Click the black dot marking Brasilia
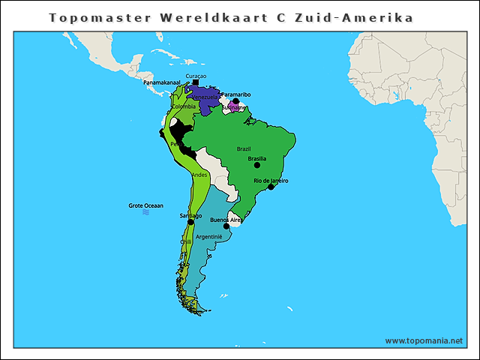click(x=257, y=165)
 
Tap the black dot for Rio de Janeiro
click(x=271, y=187)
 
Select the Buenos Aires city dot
click(x=226, y=226)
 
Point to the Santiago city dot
click(x=190, y=222)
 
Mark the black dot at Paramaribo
click(x=235, y=101)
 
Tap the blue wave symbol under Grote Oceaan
click(x=145, y=212)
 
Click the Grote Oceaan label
click(x=145, y=205)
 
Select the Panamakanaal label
click(x=162, y=82)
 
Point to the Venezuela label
click(x=205, y=97)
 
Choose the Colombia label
click(x=183, y=106)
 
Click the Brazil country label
click(x=244, y=148)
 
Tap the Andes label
click(x=199, y=175)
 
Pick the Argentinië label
click(x=209, y=236)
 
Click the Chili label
click(x=186, y=242)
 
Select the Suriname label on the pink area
click(x=233, y=108)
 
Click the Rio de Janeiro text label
click(x=271, y=181)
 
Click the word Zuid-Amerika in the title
click(x=373, y=16)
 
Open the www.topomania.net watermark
click(x=424, y=340)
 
